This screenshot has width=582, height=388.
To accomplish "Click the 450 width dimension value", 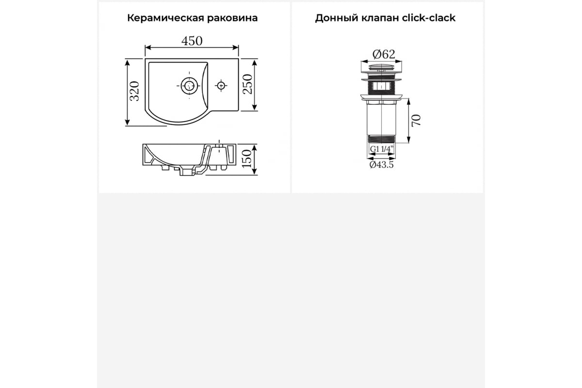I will tap(192, 41).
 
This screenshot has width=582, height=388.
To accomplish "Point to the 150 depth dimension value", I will tap(246, 159).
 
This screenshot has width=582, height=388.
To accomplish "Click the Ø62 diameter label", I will tap(384, 54).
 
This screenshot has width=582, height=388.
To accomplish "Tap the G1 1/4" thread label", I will tap(382, 149).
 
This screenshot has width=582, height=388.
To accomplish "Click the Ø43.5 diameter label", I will tap(382, 165).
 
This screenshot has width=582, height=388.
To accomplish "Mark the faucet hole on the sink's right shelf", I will tap(221, 85).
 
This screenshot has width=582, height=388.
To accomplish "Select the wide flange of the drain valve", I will tap(382, 97).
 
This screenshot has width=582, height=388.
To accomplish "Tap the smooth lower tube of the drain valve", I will tap(382, 119).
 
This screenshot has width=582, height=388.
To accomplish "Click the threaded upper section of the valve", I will tap(382, 86).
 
